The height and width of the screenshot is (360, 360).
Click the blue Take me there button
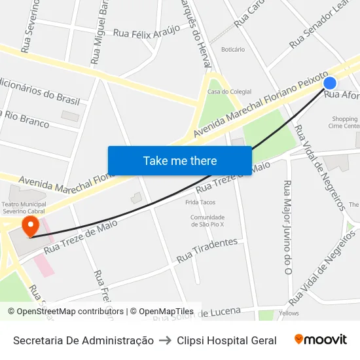(180, 160)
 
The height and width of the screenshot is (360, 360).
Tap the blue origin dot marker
(330, 83)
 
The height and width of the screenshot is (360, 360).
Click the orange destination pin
(30, 227)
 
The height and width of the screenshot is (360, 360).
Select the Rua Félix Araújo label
(147, 32)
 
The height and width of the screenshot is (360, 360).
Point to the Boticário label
(233, 50)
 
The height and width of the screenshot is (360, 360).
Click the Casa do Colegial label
(225, 91)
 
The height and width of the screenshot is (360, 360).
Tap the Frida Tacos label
(200, 202)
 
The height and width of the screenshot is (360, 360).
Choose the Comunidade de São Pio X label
(207, 221)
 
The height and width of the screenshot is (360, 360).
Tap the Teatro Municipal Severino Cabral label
(24, 207)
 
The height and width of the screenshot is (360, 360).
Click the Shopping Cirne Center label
(344, 122)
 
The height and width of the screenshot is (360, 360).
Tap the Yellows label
(288, 314)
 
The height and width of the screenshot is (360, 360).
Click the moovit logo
(320, 339)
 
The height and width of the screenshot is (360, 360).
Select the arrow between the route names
(166, 340)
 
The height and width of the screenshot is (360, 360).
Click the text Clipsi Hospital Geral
(226, 340)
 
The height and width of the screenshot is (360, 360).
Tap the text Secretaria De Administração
(84, 340)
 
